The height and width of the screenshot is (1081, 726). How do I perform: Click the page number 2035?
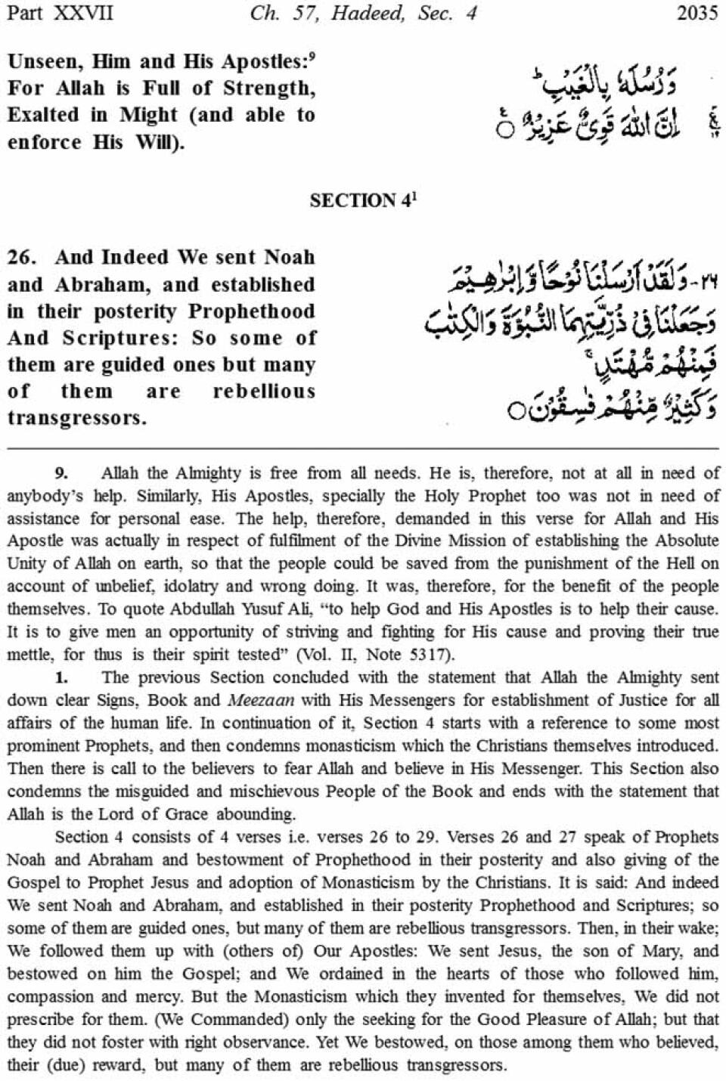click(697, 14)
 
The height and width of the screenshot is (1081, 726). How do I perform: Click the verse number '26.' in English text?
click(23, 258)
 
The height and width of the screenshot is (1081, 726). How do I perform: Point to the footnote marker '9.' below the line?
click(61, 474)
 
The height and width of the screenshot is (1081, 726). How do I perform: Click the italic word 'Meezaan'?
click(260, 700)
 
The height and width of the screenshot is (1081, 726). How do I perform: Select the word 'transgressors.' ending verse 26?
click(77, 418)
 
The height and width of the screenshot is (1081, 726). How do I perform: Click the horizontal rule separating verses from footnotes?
click(363, 448)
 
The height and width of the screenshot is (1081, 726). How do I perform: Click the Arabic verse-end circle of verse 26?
click(516, 412)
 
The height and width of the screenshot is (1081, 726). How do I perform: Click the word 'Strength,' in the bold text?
click(269, 88)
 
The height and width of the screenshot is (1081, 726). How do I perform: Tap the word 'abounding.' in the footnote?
click(256, 814)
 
